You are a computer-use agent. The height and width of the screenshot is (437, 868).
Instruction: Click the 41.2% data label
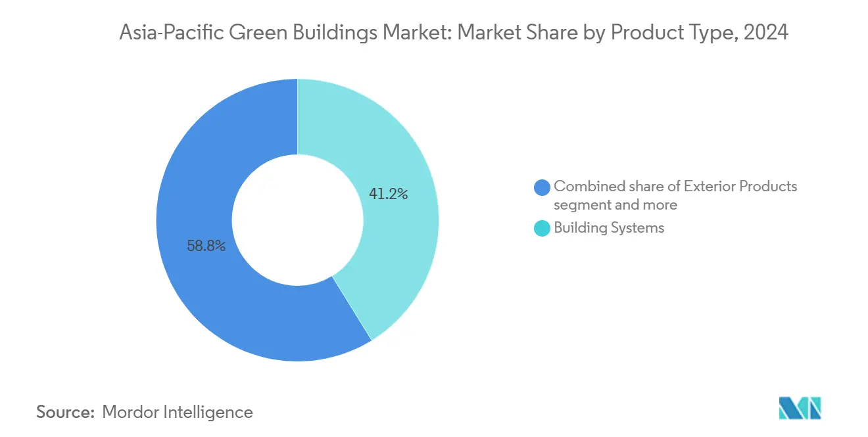pos(389,194)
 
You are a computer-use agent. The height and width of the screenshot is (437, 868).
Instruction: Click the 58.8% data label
pos(206,246)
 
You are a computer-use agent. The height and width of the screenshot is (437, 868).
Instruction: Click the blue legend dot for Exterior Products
pos(542,187)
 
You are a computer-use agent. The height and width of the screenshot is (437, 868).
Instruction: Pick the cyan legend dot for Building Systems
pos(542,229)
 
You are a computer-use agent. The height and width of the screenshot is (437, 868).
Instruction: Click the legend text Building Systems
pos(609,228)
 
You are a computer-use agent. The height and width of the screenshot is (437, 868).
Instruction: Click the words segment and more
pos(615,204)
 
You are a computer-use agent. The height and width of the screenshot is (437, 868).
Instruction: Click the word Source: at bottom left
pos(66,412)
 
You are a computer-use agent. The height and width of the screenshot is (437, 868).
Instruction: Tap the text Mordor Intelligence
pos(178,412)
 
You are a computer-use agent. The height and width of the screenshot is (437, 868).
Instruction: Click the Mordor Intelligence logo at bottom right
pos(800,408)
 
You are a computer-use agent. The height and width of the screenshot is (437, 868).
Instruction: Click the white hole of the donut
pos(297,220)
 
